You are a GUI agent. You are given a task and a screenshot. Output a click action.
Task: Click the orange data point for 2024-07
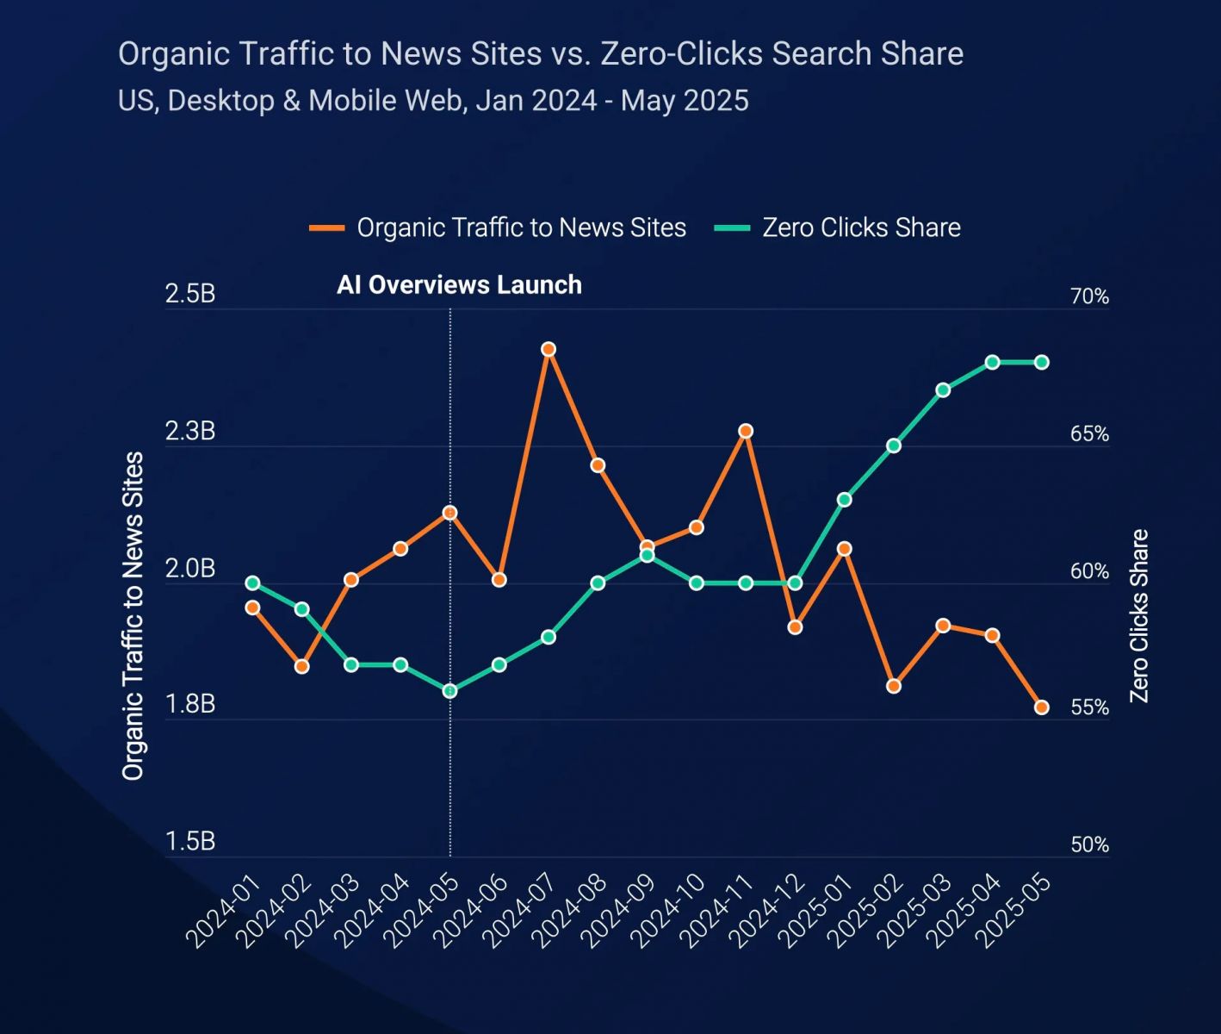549,349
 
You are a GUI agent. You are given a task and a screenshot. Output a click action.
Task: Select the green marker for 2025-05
1041,362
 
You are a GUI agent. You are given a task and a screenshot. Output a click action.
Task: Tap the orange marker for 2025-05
1041,707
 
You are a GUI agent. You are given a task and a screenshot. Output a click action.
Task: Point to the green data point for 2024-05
449,691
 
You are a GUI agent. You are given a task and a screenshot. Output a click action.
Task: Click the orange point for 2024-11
746,431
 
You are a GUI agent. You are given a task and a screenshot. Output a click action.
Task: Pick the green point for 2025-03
943,390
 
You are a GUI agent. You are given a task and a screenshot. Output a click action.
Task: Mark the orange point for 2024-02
301,667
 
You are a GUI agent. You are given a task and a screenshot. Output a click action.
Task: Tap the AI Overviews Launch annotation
459,285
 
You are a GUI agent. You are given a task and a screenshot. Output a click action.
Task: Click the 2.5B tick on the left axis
190,294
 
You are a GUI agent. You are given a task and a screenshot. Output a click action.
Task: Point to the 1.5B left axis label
190,842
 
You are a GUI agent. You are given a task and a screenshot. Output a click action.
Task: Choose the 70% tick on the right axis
1089,297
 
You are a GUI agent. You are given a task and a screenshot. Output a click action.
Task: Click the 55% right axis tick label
1089,708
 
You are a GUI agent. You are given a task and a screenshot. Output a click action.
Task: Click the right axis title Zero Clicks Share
1139,616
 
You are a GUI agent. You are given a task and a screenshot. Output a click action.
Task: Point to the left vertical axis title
133,616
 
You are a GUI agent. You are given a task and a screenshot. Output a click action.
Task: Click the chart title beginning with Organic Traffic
541,53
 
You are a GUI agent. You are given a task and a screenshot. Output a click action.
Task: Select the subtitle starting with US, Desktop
433,101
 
